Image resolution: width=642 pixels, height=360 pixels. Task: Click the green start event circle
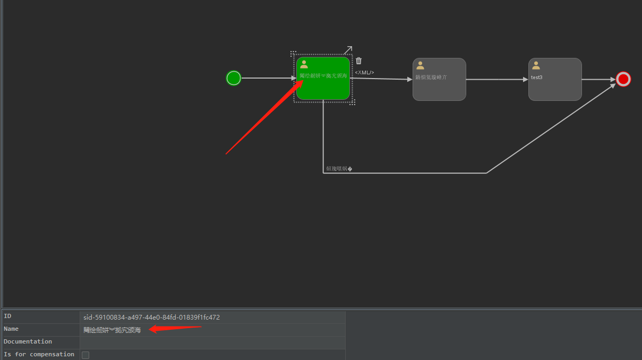coord(234,78)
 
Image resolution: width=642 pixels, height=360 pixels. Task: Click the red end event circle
coord(623,79)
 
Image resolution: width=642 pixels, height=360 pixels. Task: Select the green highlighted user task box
coord(323,88)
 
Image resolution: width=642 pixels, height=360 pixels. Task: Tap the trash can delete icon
coord(359,61)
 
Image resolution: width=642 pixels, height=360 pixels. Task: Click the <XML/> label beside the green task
coord(365,72)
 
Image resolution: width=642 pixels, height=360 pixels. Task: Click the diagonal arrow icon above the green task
coord(348,50)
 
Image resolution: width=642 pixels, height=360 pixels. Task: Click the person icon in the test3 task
coord(536,65)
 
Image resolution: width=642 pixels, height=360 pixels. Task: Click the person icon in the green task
coord(304,64)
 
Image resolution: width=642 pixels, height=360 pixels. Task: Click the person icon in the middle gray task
coord(420,65)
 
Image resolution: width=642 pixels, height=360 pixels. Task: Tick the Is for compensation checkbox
coord(85,355)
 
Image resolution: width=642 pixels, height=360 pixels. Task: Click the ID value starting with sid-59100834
coord(151,318)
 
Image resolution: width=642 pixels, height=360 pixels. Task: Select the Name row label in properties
coord(11,329)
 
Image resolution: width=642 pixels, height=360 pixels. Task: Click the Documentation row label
coord(28,341)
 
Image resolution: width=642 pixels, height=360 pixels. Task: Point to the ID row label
coord(7,316)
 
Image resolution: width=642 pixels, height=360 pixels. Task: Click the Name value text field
coord(212,330)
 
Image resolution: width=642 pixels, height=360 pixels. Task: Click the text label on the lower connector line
coord(339,169)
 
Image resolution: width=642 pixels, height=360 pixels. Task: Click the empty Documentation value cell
coord(212,342)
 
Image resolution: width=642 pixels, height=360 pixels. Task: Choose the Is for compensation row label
coord(39,354)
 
